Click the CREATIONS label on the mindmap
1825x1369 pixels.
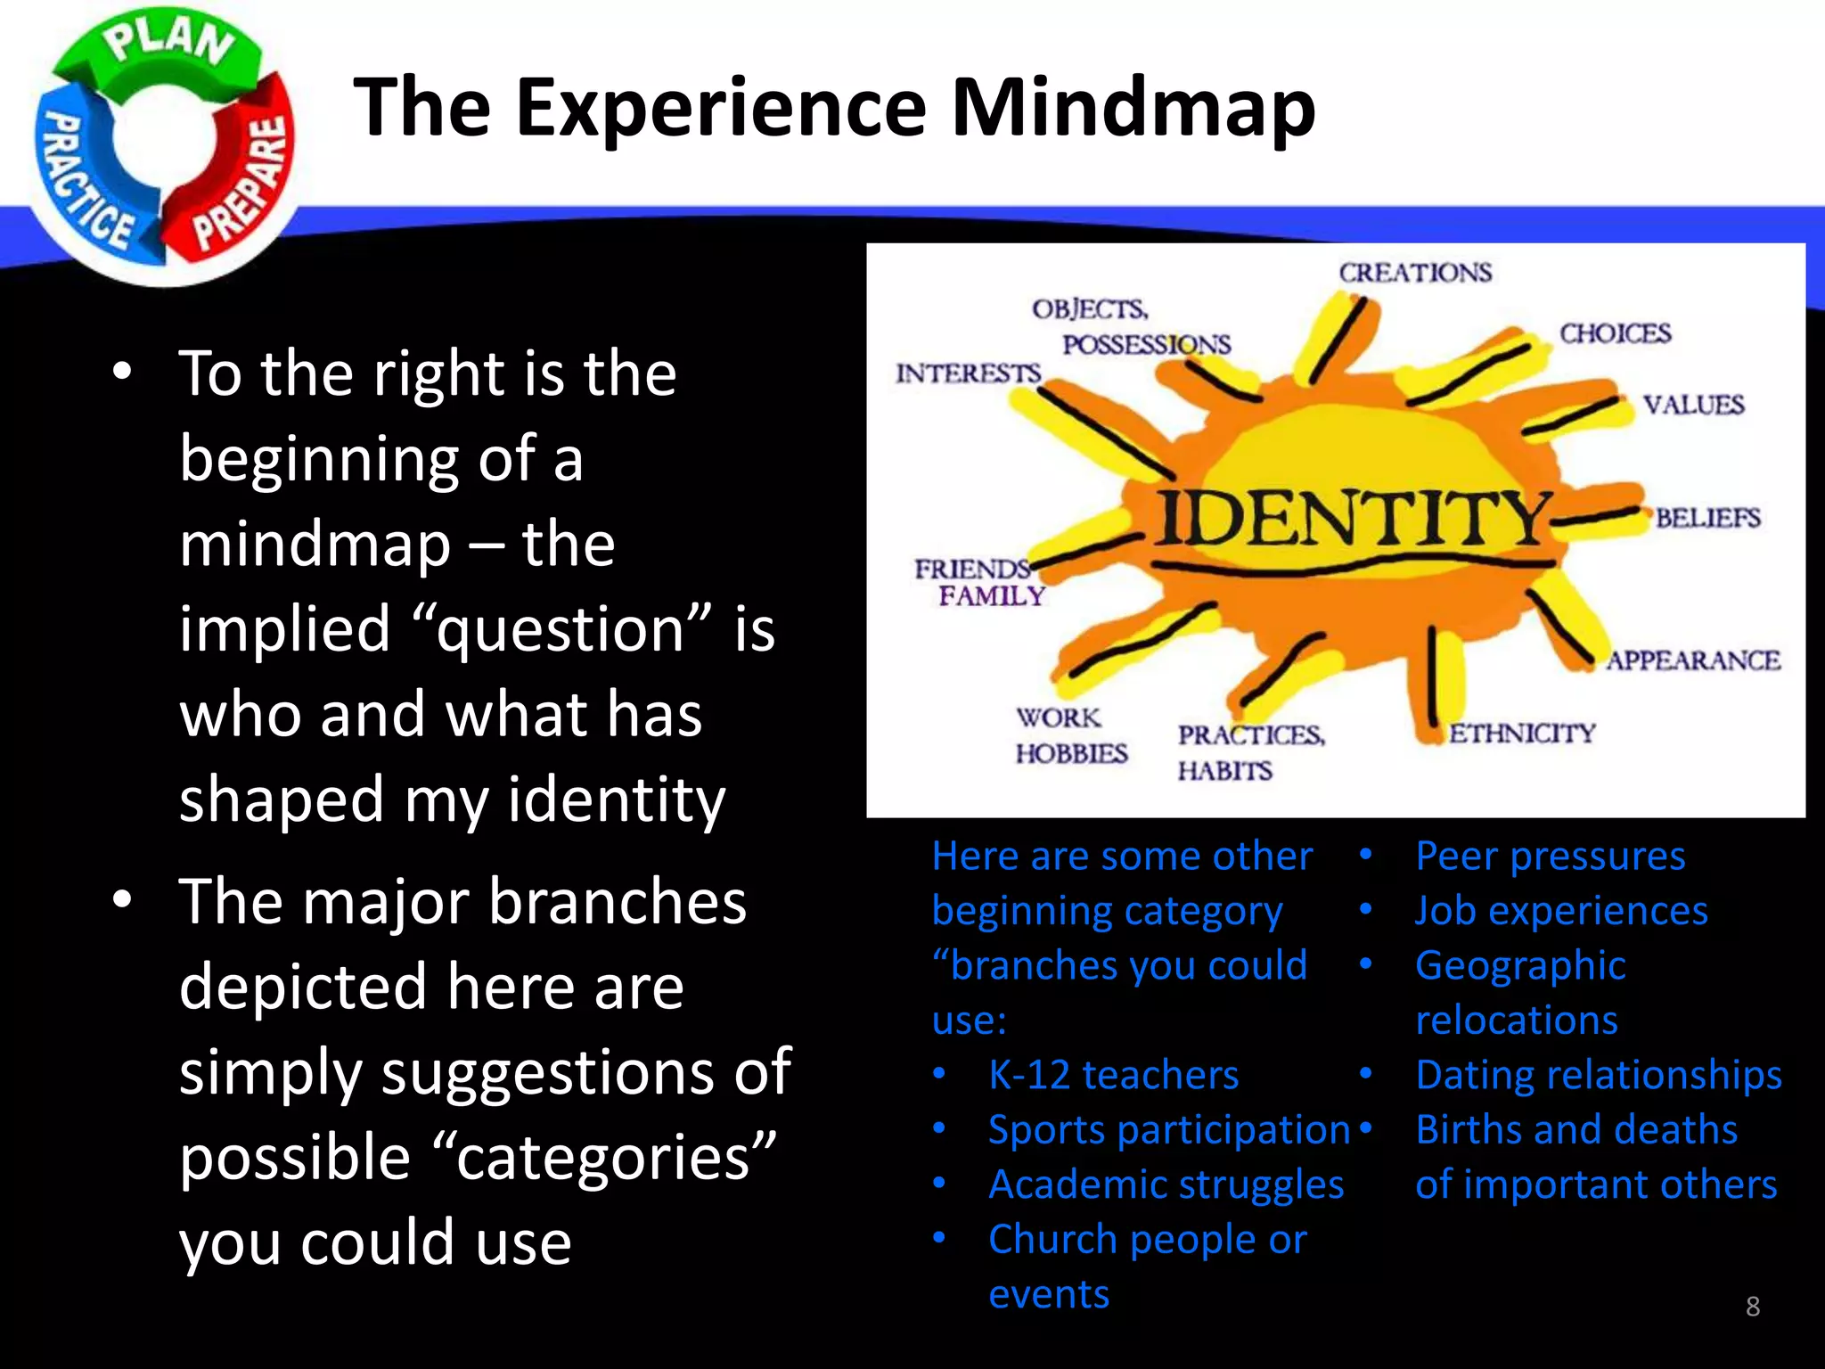[1414, 273]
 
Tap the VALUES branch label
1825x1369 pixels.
[1693, 405]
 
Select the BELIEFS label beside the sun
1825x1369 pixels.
[1707, 518]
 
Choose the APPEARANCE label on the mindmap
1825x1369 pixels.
[1693, 660]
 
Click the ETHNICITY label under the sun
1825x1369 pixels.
[1522, 733]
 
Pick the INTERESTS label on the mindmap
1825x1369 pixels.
[968, 373]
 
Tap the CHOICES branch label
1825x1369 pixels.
[1615, 333]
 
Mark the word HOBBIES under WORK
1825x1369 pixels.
[1071, 753]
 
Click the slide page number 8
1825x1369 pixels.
[1752, 1307]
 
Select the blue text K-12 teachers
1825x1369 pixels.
[1113, 1075]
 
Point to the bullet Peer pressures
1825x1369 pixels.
[1550, 856]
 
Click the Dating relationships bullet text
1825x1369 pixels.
[1599, 1075]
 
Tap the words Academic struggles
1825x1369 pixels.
[1166, 1185]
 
